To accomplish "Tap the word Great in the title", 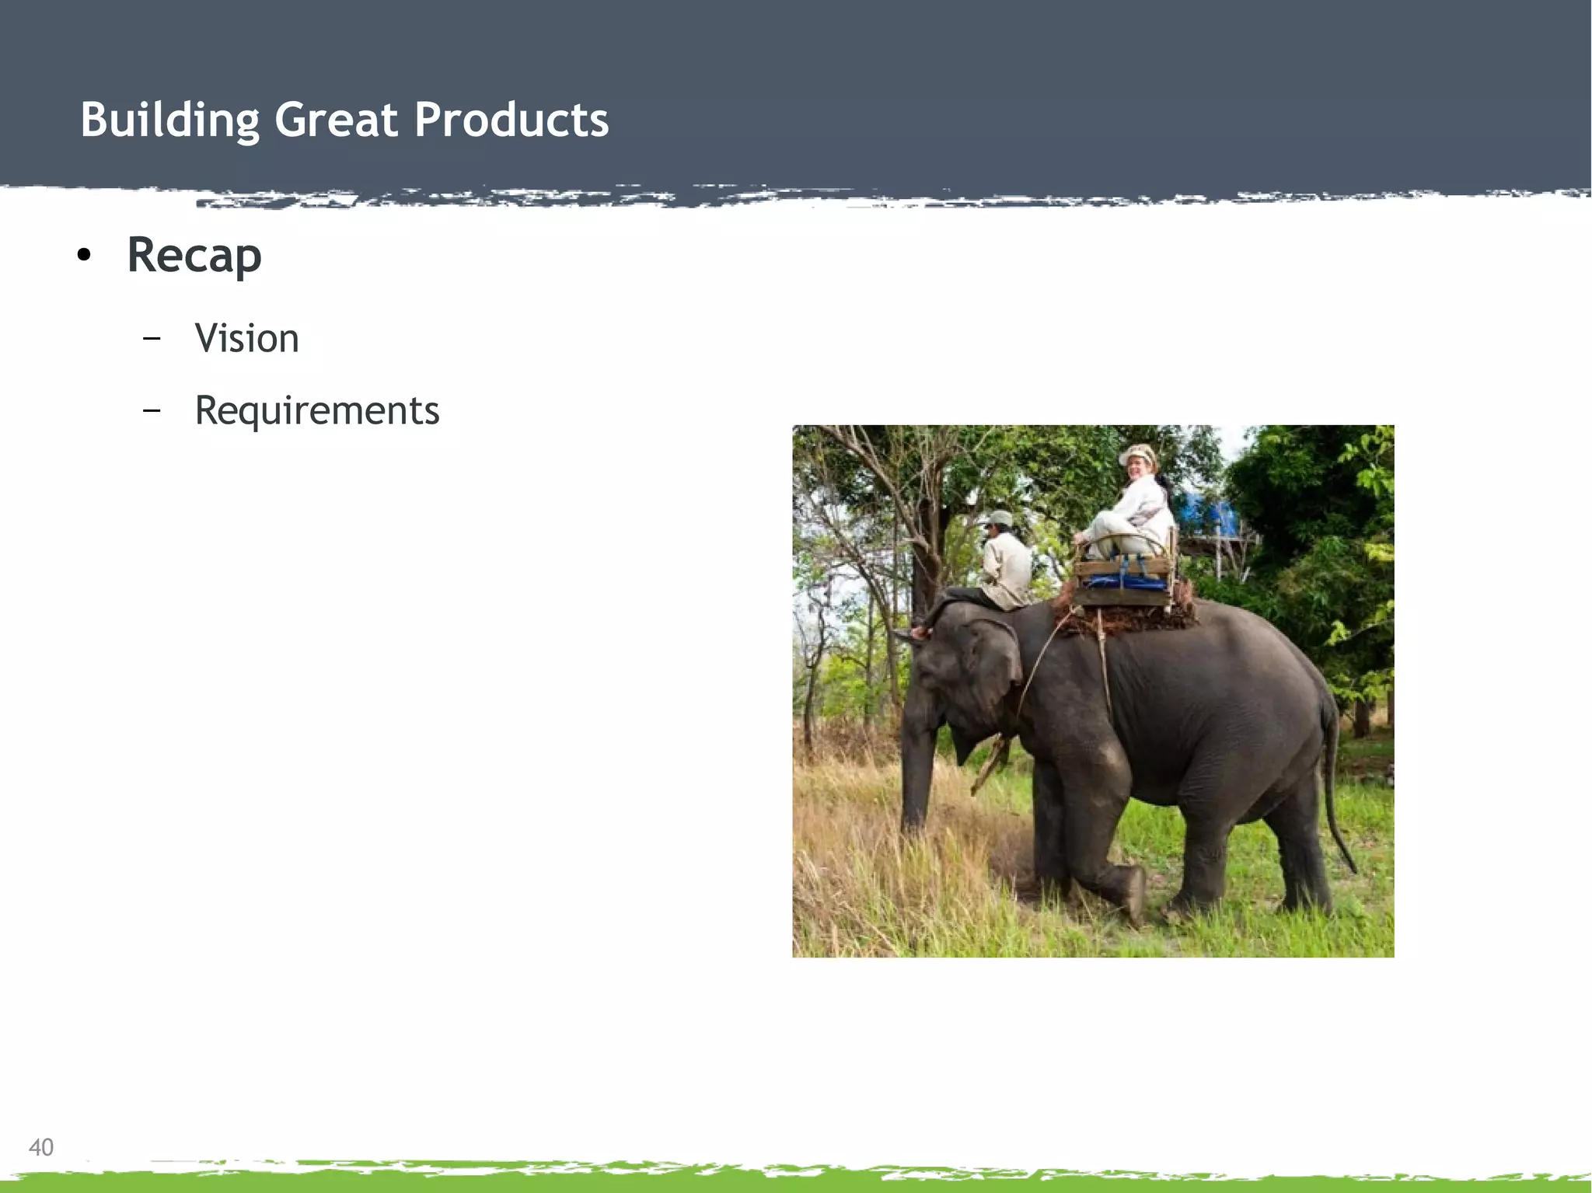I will click(x=336, y=120).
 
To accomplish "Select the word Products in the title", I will click(x=511, y=120).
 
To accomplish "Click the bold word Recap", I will click(x=194, y=255).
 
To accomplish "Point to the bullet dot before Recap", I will click(x=84, y=255).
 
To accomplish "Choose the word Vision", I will click(x=246, y=339).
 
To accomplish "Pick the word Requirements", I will click(x=316, y=410).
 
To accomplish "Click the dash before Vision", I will click(x=152, y=339).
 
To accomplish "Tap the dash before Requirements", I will click(x=152, y=410).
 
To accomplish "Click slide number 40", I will click(x=41, y=1147).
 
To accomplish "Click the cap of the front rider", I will click(x=1000, y=518).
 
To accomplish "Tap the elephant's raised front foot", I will click(x=1131, y=894).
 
